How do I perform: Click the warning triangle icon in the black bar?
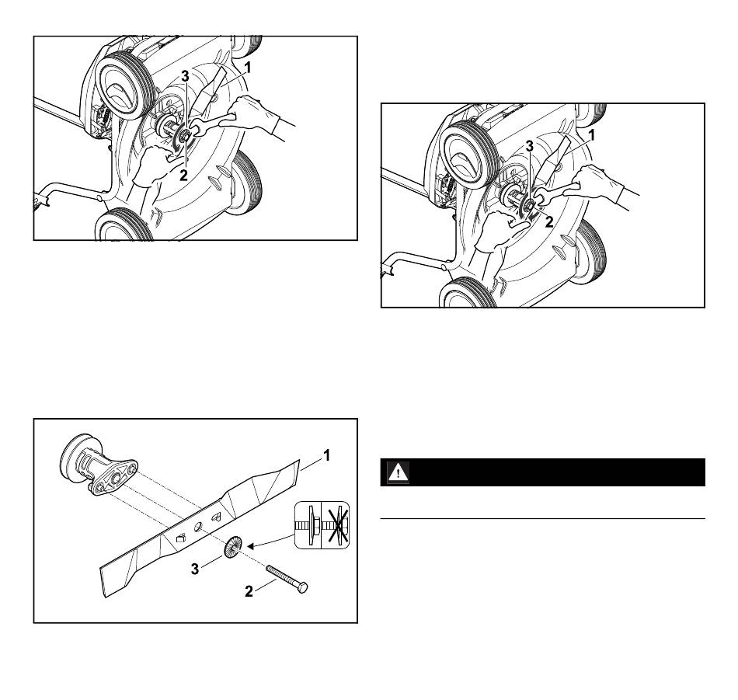click(399, 472)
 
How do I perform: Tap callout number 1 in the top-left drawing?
click(248, 68)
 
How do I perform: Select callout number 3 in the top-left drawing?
click(186, 76)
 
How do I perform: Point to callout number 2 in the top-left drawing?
click(183, 175)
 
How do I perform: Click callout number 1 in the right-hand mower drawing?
click(592, 136)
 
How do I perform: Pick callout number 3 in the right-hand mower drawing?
click(530, 146)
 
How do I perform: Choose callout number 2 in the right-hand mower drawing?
click(548, 221)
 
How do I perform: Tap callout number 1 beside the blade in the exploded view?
click(326, 456)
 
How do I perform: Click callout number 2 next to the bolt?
click(249, 591)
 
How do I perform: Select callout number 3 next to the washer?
click(195, 569)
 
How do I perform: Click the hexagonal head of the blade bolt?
click(303, 587)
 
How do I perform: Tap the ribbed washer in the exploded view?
click(233, 547)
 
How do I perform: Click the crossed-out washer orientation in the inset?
click(336, 525)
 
